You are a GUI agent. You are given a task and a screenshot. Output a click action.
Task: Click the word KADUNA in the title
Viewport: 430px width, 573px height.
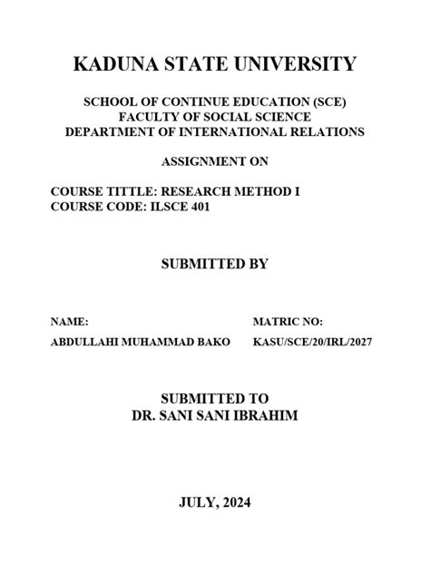(x=106, y=64)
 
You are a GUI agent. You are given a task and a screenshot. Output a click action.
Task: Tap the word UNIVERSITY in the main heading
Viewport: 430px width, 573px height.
(x=289, y=64)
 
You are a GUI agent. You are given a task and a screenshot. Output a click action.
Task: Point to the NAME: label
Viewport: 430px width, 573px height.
(x=70, y=322)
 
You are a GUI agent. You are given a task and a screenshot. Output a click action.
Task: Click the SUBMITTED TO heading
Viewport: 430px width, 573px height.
(x=215, y=399)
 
